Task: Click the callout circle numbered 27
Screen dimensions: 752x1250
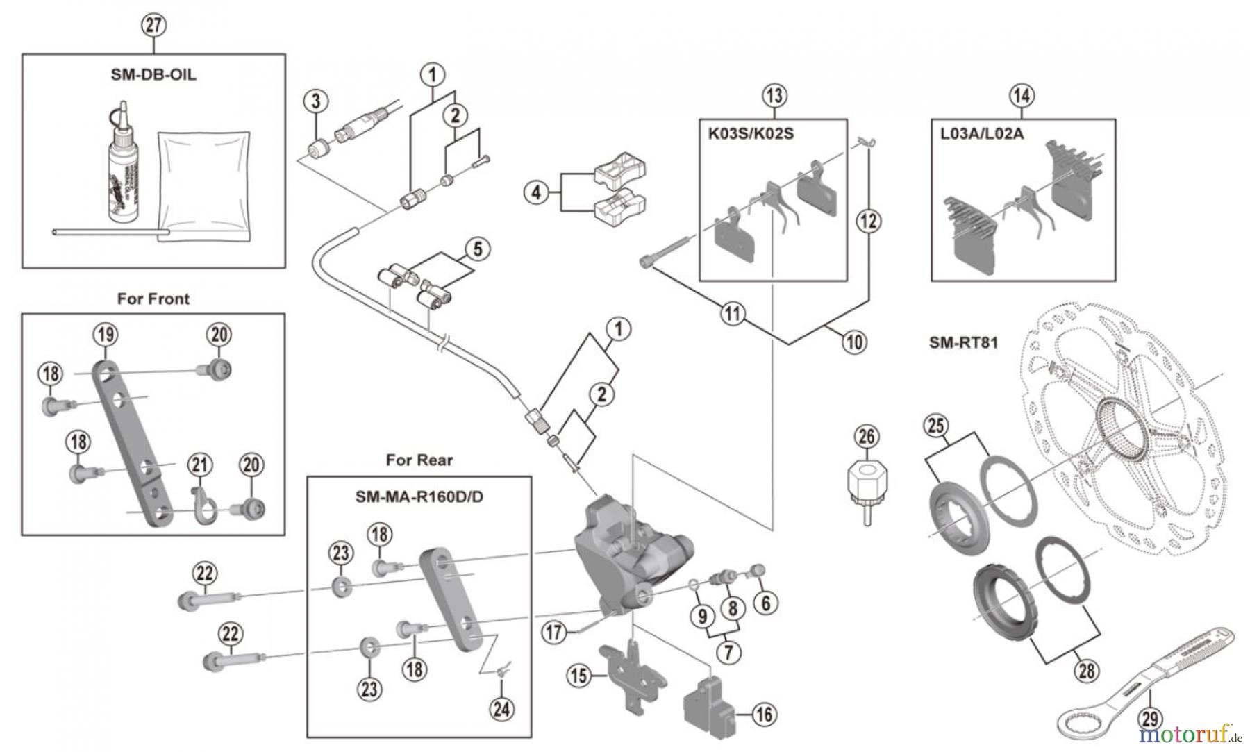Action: (153, 26)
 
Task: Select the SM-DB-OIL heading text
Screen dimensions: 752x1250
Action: (153, 74)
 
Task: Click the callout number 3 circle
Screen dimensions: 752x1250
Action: (316, 101)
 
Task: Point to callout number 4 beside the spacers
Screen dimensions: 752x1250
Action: (535, 192)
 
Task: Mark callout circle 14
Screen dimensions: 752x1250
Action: (1022, 96)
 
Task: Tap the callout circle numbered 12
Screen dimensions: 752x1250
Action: (869, 222)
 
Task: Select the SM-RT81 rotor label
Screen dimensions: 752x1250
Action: (963, 342)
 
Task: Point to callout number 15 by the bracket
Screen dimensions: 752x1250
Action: (578, 674)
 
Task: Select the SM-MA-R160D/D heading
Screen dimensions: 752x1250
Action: (419, 497)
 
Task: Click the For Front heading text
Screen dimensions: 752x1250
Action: (153, 299)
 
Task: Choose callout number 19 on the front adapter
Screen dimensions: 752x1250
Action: (106, 335)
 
